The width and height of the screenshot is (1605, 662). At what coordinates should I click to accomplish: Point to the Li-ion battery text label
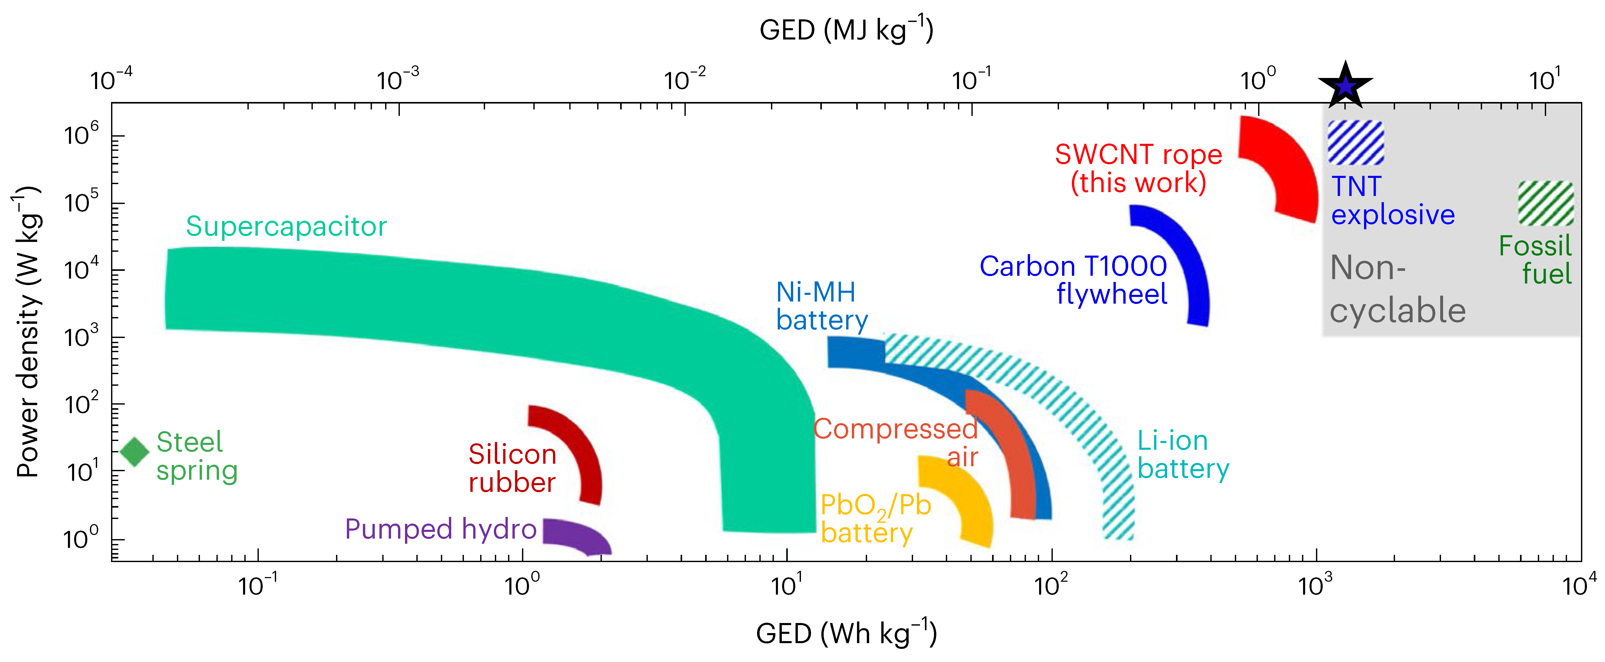[1182, 455]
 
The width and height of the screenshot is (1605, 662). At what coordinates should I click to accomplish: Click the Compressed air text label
[896, 442]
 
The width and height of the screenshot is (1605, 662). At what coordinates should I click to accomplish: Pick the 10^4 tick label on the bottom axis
[1579, 585]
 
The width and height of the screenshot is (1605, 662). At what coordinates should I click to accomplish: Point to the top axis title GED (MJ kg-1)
[846, 30]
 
